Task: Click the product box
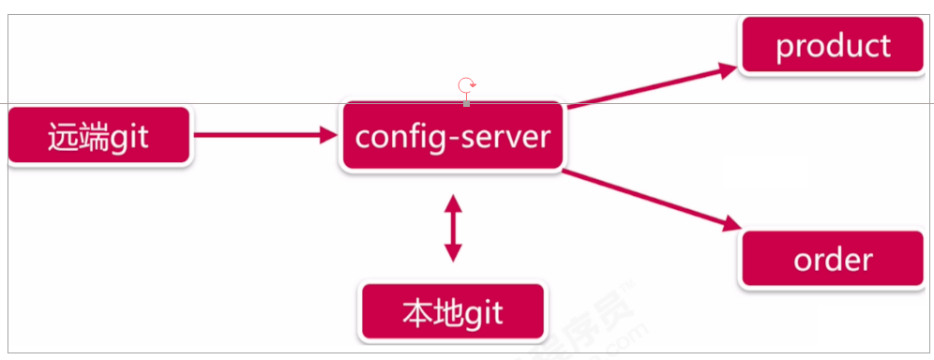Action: point(834,45)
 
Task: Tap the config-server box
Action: point(452,137)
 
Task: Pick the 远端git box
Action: point(98,137)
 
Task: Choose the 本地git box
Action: point(452,311)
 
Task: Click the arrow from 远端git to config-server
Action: point(263,136)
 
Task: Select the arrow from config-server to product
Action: point(652,86)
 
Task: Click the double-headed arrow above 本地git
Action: point(453,227)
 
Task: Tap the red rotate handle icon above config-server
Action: point(466,87)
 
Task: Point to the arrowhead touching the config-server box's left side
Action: point(328,136)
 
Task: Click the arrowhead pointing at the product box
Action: point(731,67)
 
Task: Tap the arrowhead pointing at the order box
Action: point(731,224)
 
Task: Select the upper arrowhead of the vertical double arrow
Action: point(453,201)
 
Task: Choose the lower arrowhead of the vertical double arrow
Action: point(453,254)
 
